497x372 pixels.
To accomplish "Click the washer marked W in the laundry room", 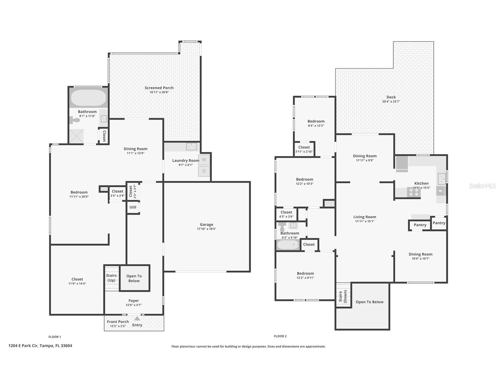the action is tap(204, 160).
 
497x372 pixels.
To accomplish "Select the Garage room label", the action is tap(206, 225).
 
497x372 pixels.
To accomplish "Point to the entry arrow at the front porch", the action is tap(137, 318).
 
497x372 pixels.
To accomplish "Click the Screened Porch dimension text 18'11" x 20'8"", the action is tap(159, 92).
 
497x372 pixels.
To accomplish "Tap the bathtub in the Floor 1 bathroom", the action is tap(88, 98).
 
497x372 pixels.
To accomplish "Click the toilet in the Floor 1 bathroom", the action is tap(75, 120).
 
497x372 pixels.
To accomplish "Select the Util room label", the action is tap(133, 207).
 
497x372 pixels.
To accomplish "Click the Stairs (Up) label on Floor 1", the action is tap(111, 278).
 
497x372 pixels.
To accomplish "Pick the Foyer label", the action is tap(134, 301).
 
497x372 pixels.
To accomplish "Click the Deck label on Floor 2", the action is tap(391, 97).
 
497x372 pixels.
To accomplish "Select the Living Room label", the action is tap(365, 217).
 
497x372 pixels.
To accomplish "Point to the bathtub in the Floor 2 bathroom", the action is tap(288, 245).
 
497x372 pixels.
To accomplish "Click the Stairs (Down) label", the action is tap(343, 296).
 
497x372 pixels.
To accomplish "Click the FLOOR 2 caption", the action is tap(280, 336).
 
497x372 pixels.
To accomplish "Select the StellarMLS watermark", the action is tap(482, 186).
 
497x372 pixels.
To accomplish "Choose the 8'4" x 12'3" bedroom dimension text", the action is tap(316, 126).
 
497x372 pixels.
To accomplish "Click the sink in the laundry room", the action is tap(192, 146).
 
